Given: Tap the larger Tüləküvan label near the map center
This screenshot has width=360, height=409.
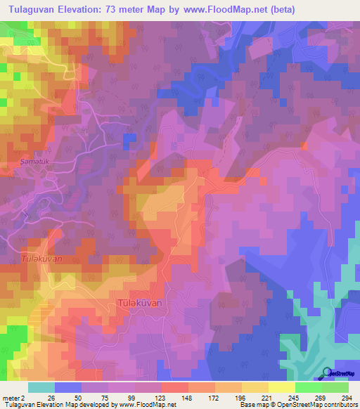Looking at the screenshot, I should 139,303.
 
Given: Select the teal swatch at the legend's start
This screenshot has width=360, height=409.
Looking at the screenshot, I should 41,387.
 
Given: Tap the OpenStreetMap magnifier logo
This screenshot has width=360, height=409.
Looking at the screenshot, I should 326,372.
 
